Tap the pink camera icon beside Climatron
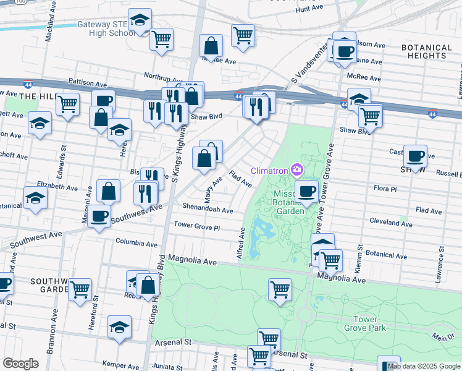298,169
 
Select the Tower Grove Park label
369,324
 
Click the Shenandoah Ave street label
208,208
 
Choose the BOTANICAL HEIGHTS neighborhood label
427,51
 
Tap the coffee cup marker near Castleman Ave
415,155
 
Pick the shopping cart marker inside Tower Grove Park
280,289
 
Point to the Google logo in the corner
20,363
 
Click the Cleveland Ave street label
390,223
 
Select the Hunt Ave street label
309,9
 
